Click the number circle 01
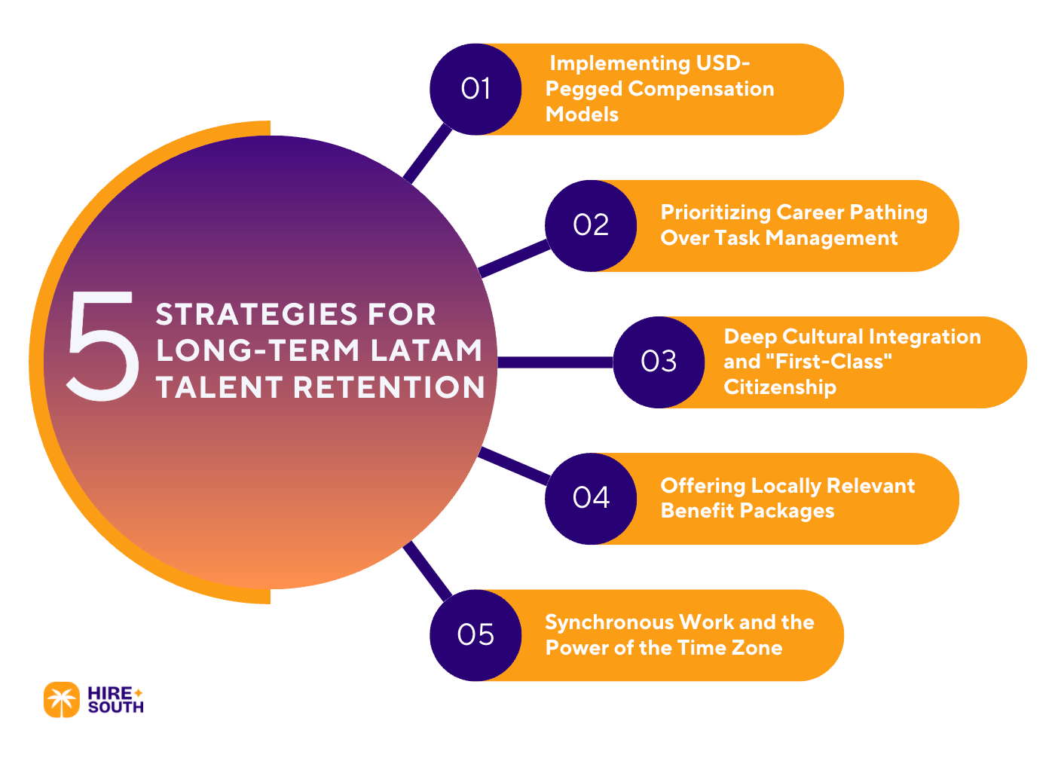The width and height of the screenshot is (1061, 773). [475, 89]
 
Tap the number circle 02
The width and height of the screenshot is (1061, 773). [591, 225]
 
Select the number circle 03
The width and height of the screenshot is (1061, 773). [659, 362]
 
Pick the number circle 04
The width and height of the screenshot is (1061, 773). [591, 498]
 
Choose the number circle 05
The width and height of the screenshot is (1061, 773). [475, 635]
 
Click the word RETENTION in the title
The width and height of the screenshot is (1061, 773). [389, 387]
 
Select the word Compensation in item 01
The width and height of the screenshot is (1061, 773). [701, 89]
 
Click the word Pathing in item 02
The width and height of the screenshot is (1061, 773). [888, 213]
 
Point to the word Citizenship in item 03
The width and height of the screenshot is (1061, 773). [779, 387]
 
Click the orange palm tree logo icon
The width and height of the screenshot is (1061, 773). [61, 700]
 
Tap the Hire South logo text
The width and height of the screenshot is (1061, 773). [115, 700]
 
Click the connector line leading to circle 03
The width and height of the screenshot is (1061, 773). [555, 362]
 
